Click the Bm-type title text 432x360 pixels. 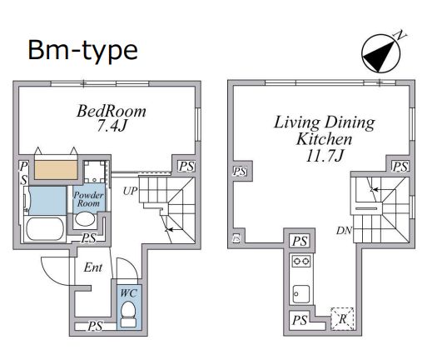(x=82, y=51)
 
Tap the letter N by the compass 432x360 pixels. (x=400, y=36)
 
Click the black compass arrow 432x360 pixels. (x=379, y=56)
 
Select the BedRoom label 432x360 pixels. (x=112, y=111)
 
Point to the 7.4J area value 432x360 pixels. (x=112, y=126)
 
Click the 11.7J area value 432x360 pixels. (x=325, y=156)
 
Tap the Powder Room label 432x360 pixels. (x=88, y=199)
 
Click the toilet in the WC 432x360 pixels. (x=128, y=314)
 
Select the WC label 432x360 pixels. (x=129, y=292)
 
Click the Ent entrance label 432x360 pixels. (x=93, y=267)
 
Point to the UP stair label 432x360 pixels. (x=130, y=191)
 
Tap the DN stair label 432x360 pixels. (x=344, y=230)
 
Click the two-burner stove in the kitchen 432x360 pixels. (x=301, y=261)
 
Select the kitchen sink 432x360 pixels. (x=301, y=294)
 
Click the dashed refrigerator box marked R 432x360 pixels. (x=343, y=319)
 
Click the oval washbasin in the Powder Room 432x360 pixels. (x=85, y=219)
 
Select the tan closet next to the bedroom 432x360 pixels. (x=56, y=170)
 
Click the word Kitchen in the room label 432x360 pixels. (x=324, y=139)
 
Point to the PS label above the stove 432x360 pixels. (x=300, y=241)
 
